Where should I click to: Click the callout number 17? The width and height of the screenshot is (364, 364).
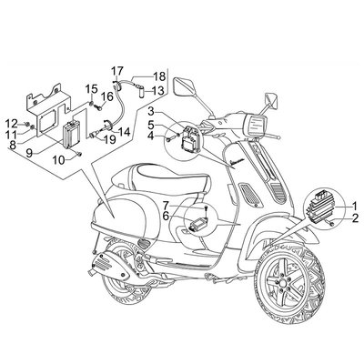(116, 70)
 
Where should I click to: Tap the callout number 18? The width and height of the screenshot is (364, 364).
(158, 76)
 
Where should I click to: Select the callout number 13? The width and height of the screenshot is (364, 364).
(157, 91)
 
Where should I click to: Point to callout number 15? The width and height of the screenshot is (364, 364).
(92, 89)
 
